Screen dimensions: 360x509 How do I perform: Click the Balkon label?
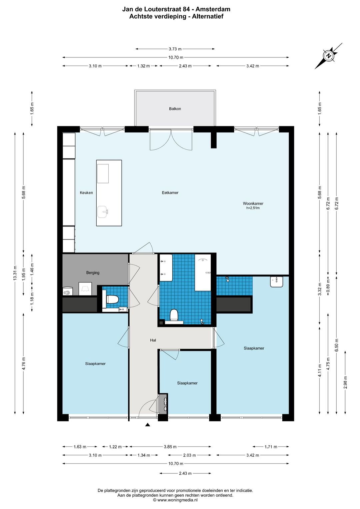(175, 109)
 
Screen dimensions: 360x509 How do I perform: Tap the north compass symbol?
(328, 56)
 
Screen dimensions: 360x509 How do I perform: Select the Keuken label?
(86, 193)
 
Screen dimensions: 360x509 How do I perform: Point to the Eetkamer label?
(170, 193)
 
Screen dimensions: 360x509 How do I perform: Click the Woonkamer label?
(253, 203)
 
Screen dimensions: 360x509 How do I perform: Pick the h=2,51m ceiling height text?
(253, 208)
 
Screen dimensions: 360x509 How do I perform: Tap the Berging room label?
(93, 273)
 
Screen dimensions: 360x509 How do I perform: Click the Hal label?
(153, 340)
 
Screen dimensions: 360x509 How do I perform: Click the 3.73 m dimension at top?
(175, 49)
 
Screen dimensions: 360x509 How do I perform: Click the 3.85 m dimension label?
(170, 447)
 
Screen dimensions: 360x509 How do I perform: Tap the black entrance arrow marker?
(148, 424)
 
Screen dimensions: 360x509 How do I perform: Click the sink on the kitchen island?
(103, 212)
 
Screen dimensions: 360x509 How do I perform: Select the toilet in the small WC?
(112, 299)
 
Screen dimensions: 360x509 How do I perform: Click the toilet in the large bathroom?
(174, 315)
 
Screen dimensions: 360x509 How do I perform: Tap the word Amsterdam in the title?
(213, 9)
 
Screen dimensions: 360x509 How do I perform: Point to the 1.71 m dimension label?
(271, 447)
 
